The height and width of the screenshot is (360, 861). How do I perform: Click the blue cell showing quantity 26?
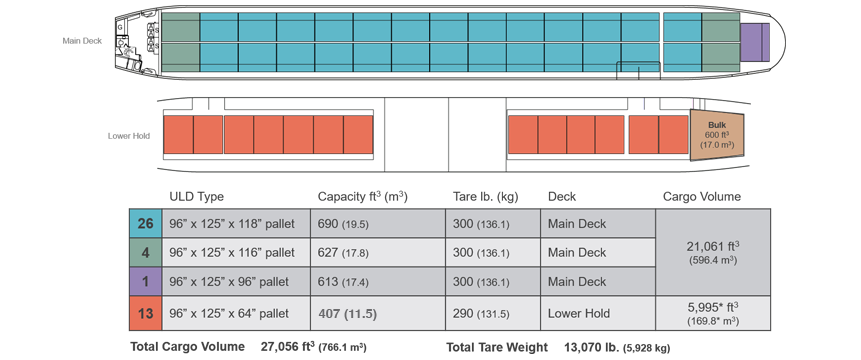pyautogui.click(x=145, y=223)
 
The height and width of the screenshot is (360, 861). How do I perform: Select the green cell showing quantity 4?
pyautogui.click(x=145, y=252)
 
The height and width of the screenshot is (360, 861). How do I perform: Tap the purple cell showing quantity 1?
pyautogui.click(x=145, y=282)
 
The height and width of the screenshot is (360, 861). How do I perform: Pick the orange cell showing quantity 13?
pyautogui.click(x=145, y=313)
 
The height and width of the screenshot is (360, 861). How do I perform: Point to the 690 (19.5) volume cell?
pyautogui.click(x=377, y=223)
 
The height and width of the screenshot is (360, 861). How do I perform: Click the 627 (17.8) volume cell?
pyautogui.click(x=377, y=252)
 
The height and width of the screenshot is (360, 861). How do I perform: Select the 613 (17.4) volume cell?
pyautogui.click(x=377, y=282)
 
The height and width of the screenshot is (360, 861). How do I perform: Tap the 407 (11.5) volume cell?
pyautogui.click(x=377, y=313)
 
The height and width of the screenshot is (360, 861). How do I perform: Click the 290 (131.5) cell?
pyautogui.click(x=491, y=313)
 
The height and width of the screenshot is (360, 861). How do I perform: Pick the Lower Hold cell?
pyautogui.click(x=597, y=313)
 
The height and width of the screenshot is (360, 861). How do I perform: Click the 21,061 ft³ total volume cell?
pyautogui.click(x=712, y=252)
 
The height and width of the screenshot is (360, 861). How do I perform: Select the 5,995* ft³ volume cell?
pyautogui.click(x=712, y=313)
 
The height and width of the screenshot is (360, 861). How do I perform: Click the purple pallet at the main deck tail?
pyautogui.click(x=754, y=41)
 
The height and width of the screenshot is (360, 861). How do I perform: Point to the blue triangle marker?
pyautogui.click(x=641, y=105)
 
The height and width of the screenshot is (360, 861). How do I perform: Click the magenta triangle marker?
pyautogui.click(x=689, y=102)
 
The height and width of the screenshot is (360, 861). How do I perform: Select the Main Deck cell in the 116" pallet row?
pyautogui.click(x=597, y=252)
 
